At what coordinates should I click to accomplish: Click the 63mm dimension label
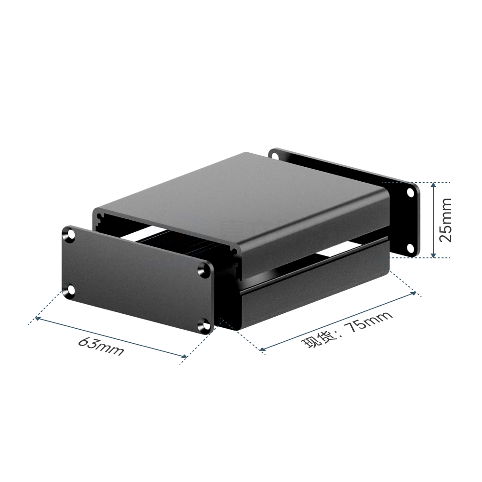pos(101,347)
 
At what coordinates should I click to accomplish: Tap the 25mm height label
pos(445,220)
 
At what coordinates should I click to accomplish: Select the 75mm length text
pos(368,322)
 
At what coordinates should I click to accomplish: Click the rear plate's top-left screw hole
pos(275,156)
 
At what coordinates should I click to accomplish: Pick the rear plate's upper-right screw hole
pos(410,193)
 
